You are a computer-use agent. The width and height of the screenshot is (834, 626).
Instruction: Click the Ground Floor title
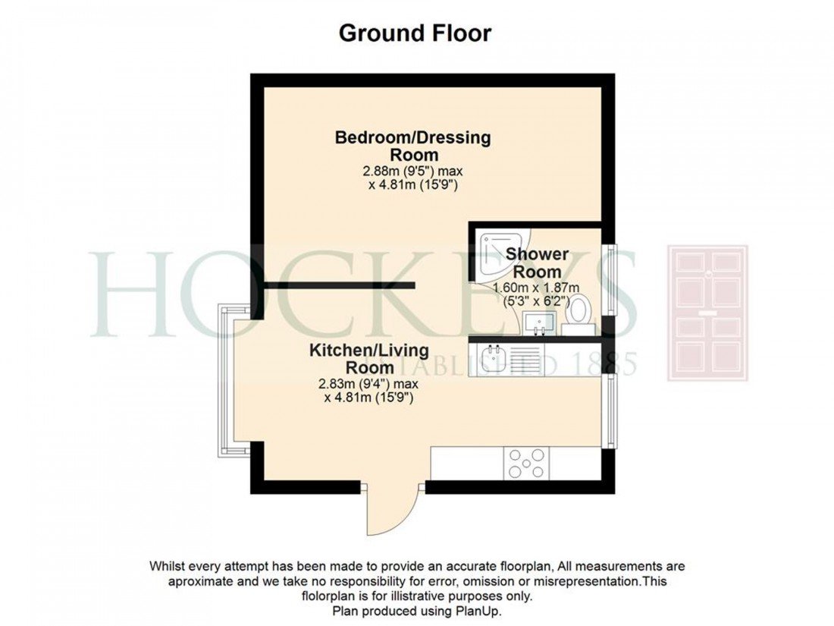[x=415, y=33]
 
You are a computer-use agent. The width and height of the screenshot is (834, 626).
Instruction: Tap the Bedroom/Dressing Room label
[x=413, y=146]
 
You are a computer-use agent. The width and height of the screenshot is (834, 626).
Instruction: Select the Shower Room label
[x=537, y=263]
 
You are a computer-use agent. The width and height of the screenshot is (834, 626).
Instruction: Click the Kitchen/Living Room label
[x=368, y=359]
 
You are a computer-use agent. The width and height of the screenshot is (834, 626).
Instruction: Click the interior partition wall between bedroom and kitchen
[x=339, y=285]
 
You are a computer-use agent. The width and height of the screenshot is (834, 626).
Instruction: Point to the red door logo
[x=707, y=313]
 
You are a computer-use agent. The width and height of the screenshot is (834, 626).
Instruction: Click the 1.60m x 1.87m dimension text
[x=536, y=288]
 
